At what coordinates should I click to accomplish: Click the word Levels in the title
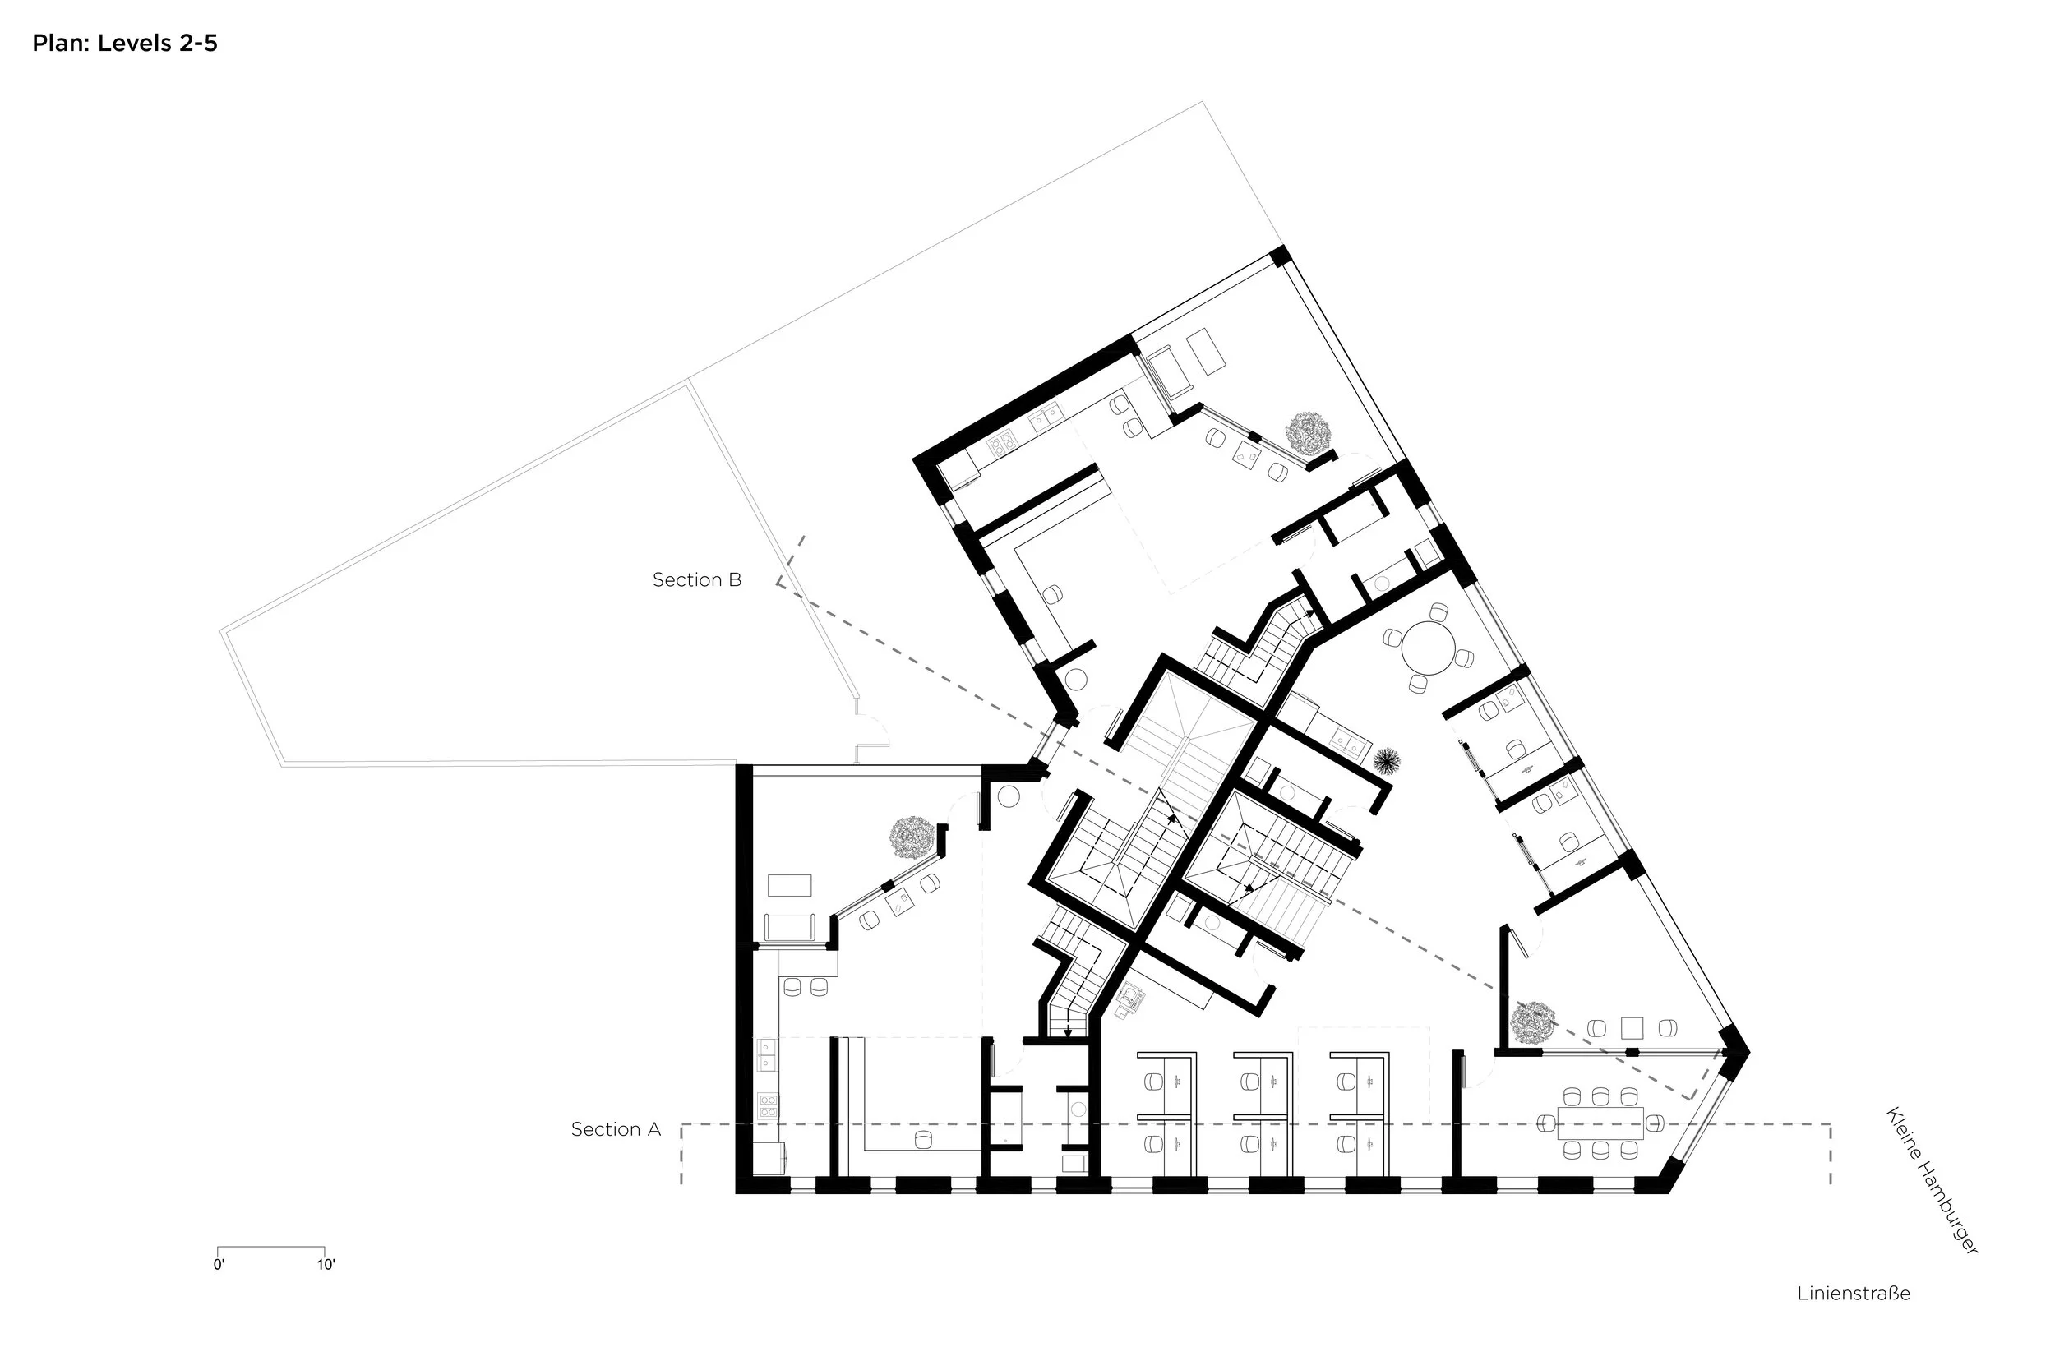click(135, 43)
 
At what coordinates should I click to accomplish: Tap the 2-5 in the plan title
click(198, 43)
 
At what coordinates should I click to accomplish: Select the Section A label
click(616, 1129)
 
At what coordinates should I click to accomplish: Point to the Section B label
click(697, 579)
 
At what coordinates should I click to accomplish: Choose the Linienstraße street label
click(1853, 1293)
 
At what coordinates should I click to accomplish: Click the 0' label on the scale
click(219, 1264)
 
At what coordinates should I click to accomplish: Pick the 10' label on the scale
click(326, 1264)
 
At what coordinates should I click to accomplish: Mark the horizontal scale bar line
click(271, 1247)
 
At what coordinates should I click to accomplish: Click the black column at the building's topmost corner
click(1280, 256)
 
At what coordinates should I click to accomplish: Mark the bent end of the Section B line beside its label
click(790, 561)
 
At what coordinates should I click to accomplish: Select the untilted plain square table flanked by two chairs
click(1631, 1027)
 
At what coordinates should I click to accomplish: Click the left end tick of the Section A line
click(681, 1154)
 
